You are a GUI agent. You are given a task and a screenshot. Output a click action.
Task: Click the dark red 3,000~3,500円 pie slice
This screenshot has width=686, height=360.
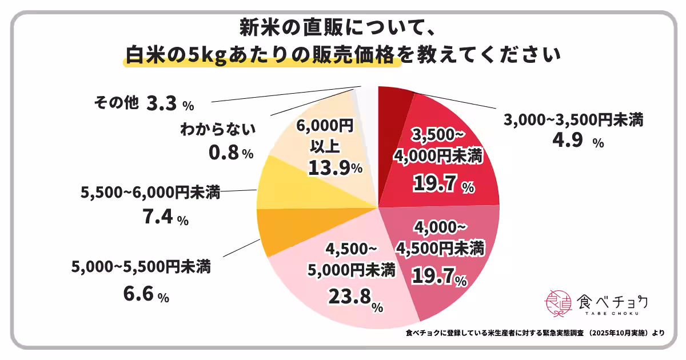(x=394, y=100)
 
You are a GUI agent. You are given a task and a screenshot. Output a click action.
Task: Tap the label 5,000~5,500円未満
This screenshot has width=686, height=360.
(x=141, y=266)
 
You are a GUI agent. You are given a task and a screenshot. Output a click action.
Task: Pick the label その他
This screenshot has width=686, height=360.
(x=115, y=103)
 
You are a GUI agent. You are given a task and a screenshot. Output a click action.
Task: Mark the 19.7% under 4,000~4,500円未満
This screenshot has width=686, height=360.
(x=440, y=278)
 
